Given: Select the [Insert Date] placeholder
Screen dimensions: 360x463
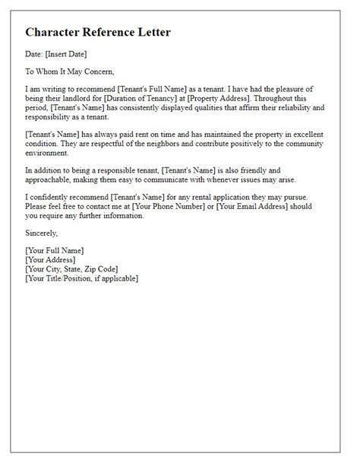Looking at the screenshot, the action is point(67,54).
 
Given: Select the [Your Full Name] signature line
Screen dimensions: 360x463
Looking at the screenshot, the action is point(55,250).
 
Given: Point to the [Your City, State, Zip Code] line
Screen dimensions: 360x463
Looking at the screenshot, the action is point(73,269).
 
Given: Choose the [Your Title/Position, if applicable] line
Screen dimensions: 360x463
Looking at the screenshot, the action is point(81,278).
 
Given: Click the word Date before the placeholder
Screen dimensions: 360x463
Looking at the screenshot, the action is point(35,54).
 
